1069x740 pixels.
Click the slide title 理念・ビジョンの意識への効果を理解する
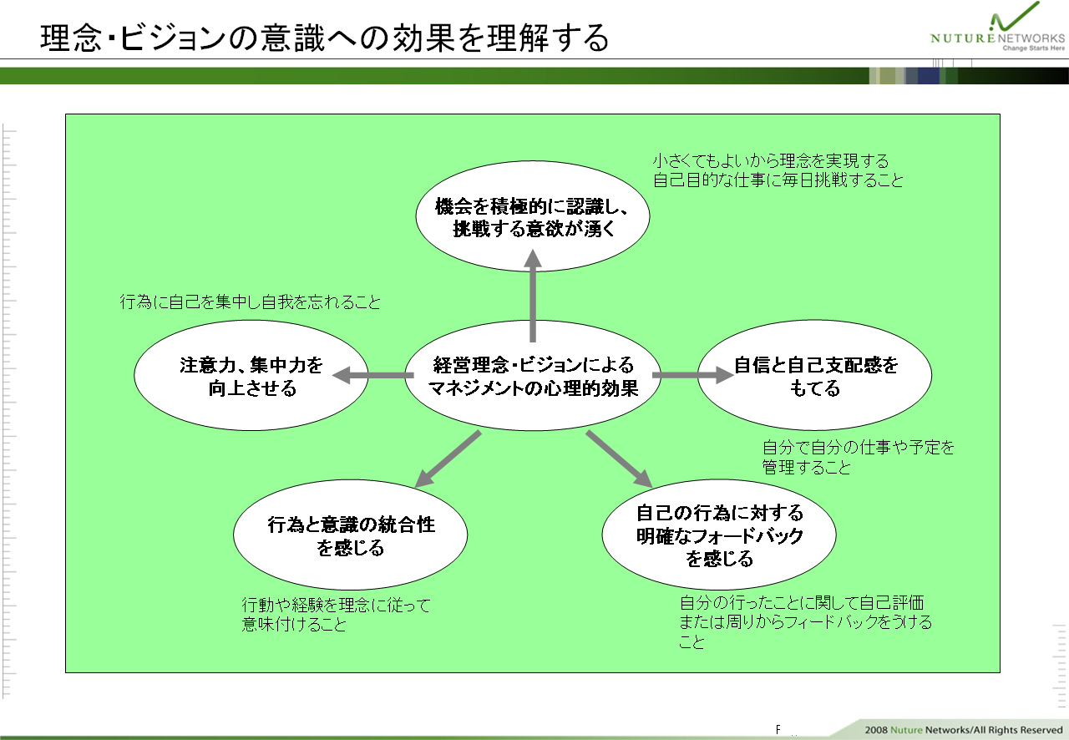coord(325,38)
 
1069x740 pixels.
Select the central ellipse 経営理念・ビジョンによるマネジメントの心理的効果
coord(533,376)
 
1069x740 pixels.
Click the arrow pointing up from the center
coord(533,296)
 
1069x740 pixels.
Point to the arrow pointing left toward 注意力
coord(372,375)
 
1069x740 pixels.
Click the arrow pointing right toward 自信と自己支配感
coord(693,375)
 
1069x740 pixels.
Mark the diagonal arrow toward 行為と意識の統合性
coord(448,459)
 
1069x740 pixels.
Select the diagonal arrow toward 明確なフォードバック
coord(619,459)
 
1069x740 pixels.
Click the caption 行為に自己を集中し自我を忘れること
coord(250,302)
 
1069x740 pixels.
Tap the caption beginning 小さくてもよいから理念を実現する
coord(778,170)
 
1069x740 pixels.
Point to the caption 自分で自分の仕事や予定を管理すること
coord(858,458)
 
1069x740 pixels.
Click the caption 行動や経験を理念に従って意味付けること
coord(336,615)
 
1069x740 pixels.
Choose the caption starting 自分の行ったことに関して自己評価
coord(806,622)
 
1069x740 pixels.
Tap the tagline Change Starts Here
coord(1033,48)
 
